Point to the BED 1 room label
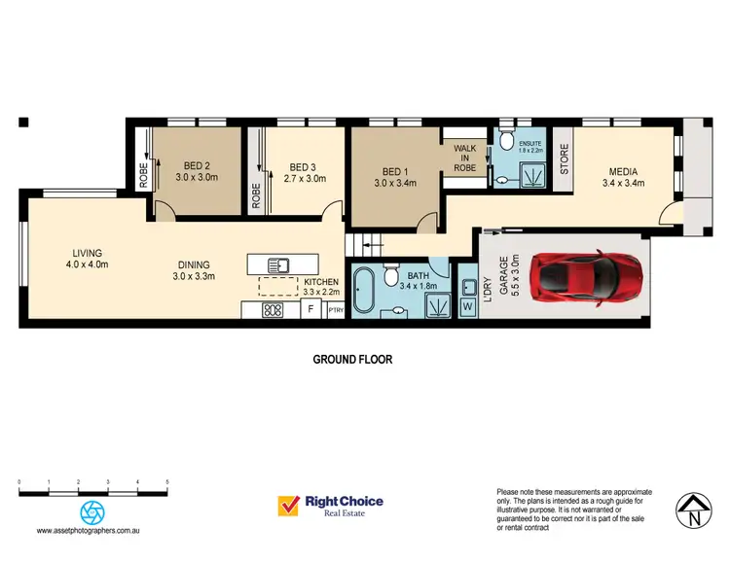pos(395,174)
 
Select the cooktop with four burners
pos(273,311)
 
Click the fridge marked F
pos(310,310)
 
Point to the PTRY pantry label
pos(336,311)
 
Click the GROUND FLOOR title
pos(352,359)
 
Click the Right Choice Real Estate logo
pos(331,507)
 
